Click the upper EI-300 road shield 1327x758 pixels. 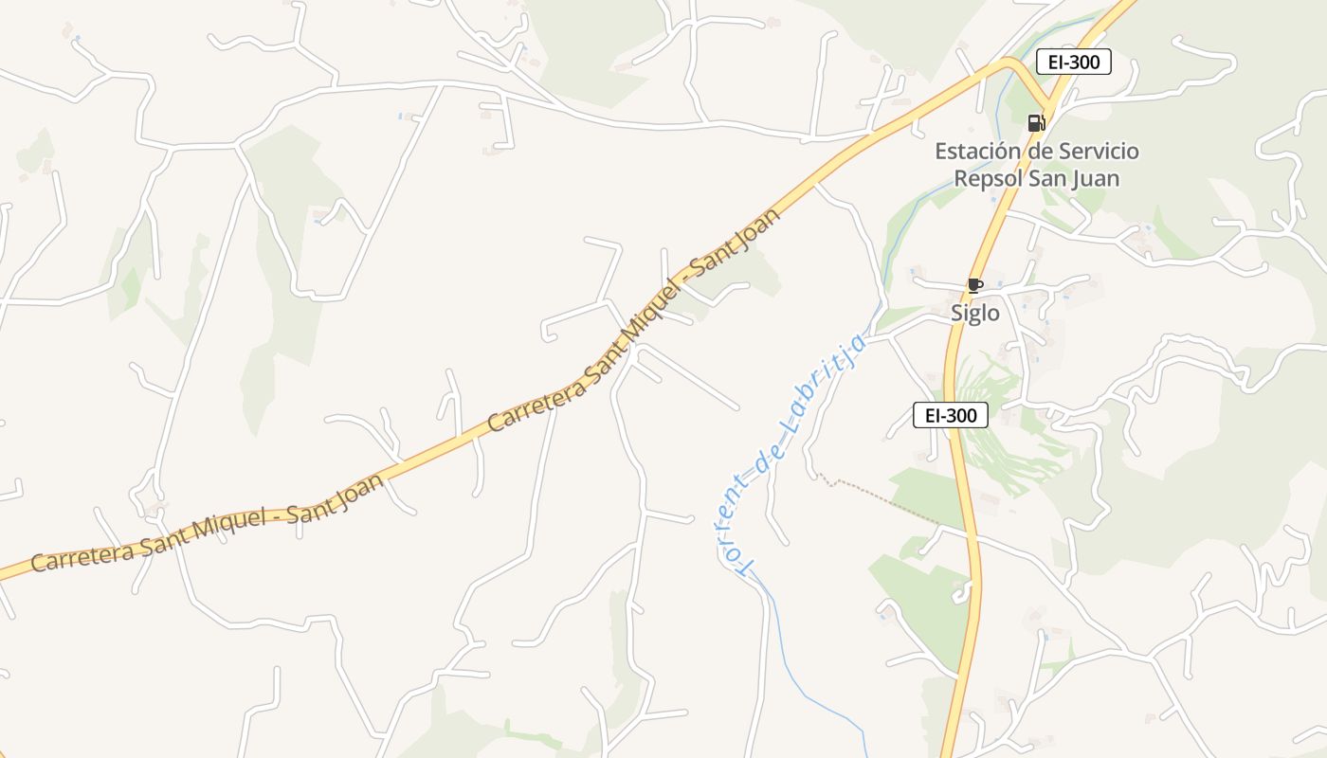coord(1073,63)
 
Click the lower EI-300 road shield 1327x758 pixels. coord(951,415)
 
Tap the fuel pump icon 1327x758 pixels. coord(1035,122)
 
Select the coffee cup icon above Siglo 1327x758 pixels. coord(974,285)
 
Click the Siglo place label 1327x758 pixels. coord(975,313)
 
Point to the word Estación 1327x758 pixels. coord(975,152)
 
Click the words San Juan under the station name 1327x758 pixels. coord(1077,178)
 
